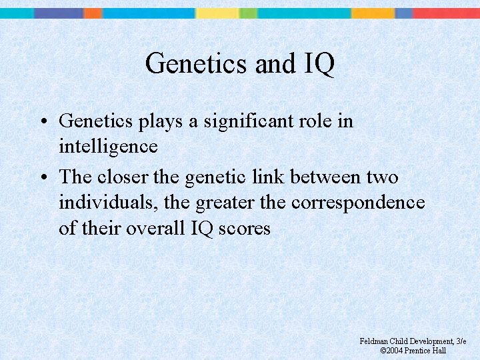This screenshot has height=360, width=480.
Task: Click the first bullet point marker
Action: coord(41,121)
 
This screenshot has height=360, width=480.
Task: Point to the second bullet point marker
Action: coord(41,178)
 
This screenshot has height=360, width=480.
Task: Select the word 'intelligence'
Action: coord(108,146)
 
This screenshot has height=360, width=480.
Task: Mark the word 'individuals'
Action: coord(105,203)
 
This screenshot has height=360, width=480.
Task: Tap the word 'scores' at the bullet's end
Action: coord(244,228)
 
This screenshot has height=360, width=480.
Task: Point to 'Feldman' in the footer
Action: coord(375,341)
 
